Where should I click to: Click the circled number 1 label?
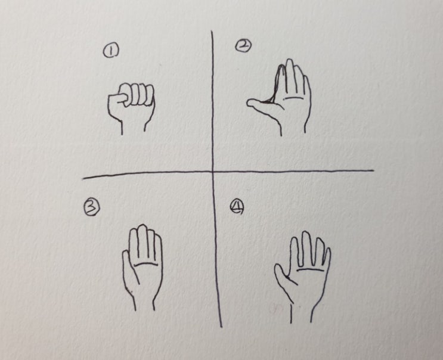pyautogui.click(x=111, y=52)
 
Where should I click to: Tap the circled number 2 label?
pyautogui.click(x=243, y=45)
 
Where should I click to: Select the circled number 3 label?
pyautogui.click(x=92, y=207)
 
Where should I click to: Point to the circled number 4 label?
pyautogui.click(x=237, y=207)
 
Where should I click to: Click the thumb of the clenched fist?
pyautogui.click(x=118, y=98)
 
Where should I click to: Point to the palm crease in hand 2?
pyautogui.click(x=292, y=98)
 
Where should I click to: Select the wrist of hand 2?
pyautogui.click(x=293, y=129)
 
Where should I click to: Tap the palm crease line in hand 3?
pyautogui.click(x=145, y=264)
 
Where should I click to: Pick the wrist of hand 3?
pyautogui.click(x=144, y=303)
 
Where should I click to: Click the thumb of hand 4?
pyautogui.click(x=284, y=275)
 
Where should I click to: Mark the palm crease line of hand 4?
pyautogui.click(x=310, y=270)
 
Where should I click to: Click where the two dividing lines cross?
pyautogui.click(x=213, y=171)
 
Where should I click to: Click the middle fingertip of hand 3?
pyautogui.click(x=142, y=226)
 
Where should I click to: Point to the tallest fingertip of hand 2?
pyautogui.click(x=290, y=60)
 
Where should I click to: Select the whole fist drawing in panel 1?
pyautogui.click(x=131, y=108)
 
